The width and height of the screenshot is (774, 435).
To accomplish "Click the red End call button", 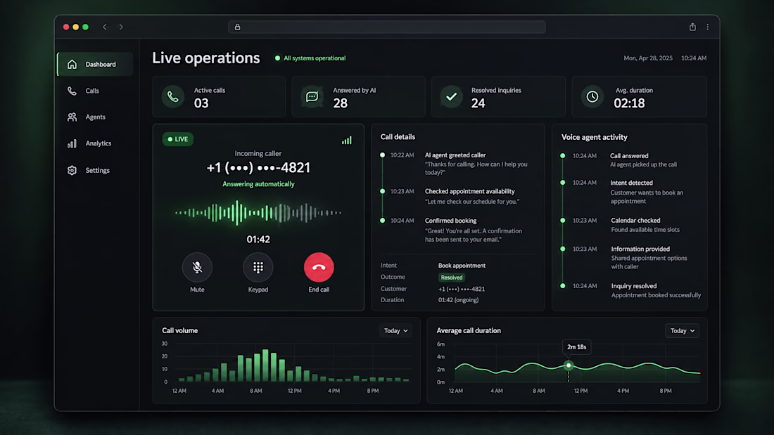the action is [x=319, y=267].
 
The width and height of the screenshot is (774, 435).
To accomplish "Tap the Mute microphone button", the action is [x=197, y=267].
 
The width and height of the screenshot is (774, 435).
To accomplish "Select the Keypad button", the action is [x=258, y=267].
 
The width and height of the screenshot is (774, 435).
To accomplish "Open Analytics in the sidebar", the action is [x=99, y=143].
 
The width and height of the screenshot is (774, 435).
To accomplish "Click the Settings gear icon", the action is [x=72, y=170].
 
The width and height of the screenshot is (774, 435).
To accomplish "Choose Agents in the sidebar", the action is [x=95, y=117].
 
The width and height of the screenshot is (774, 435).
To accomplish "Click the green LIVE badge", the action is [x=178, y=139].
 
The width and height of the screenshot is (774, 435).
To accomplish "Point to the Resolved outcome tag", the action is [x=452, y=278].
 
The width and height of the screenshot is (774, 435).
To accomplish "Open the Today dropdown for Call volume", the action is [x=396, y=330].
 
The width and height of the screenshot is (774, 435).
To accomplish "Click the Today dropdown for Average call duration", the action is [x=683, y=330].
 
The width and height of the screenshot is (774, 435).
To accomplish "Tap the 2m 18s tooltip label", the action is [x=576, y=347].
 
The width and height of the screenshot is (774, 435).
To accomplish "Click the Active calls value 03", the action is [x=201, y=103].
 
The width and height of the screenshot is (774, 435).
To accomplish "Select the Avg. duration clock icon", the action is [x=592, y=97].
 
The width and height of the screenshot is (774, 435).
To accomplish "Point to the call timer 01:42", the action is [x=258, y=239].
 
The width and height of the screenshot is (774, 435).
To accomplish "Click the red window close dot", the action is [x=66, y=27].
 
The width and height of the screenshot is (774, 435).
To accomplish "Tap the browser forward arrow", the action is [x=121, y=27].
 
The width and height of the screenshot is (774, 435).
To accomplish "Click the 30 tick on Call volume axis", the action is [x=165, y=344].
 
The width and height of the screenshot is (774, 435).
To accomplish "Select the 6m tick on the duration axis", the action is [x=440, y=344].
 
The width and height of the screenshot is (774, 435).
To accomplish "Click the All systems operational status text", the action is [x=315, y=58].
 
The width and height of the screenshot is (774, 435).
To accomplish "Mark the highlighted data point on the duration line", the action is [x=569, y=365].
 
